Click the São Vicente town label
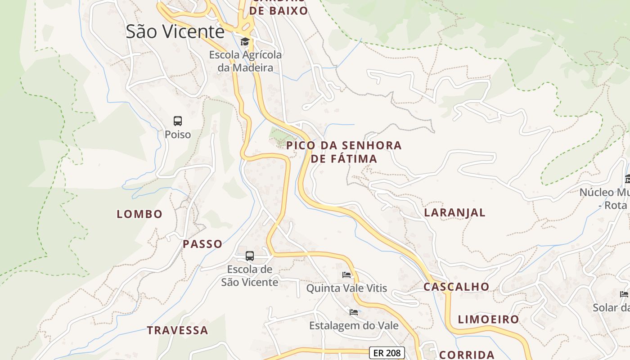point(175,31)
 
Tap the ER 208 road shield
point(387,353)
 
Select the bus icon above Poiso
point(178,121)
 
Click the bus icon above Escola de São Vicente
point(250,256)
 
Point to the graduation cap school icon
point(245,42)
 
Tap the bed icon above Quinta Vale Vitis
point(346,274)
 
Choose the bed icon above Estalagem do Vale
point(354,312)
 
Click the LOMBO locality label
point(139,214)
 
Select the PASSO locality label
point(202,244)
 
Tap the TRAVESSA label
point(178,330)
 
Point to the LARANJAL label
point(455,212)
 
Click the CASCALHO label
point(456,287)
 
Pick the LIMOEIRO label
point(488,319)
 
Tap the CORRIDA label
point(467,355)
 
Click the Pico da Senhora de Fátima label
point(344,152)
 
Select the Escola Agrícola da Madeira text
point(245,62)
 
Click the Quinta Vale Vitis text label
point(346,288)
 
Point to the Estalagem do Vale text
point(354,325)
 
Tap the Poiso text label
point(178,135)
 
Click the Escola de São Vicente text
point(250,276)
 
